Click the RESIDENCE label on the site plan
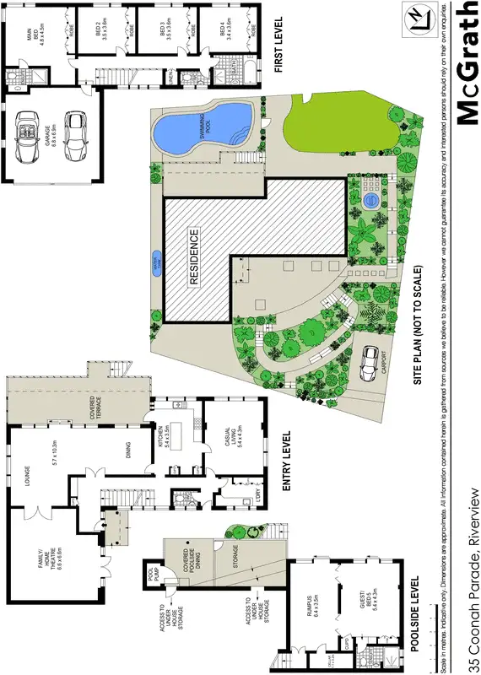click(x=194, y=257)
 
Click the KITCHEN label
click(x=172, y=436)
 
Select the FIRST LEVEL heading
click(x=279, y=44)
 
